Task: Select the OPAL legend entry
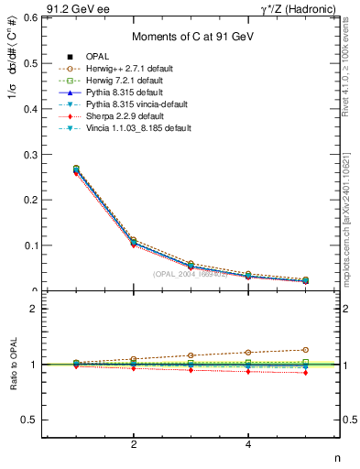[99, 57]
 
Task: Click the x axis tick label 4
[248, 444]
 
